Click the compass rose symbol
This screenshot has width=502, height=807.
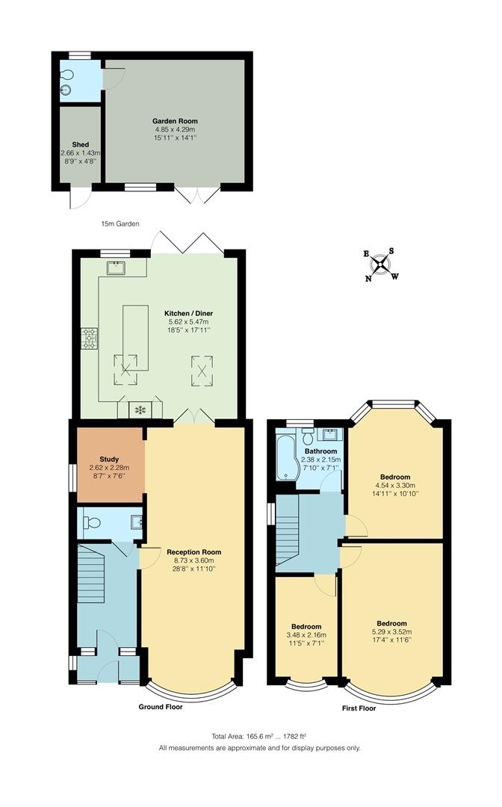[381, 265]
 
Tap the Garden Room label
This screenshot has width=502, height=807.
[175, 120]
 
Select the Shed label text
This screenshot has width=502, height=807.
[80, 144]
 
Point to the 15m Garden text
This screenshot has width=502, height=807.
[120, 223]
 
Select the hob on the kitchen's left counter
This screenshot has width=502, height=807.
[90, 339]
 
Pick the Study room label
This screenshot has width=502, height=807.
[110, 459]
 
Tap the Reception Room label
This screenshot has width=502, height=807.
[194, 552]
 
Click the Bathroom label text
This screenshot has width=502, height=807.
[319, 451]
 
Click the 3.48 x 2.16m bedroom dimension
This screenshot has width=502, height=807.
[306, 635]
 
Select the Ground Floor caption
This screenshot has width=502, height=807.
[161, 706]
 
